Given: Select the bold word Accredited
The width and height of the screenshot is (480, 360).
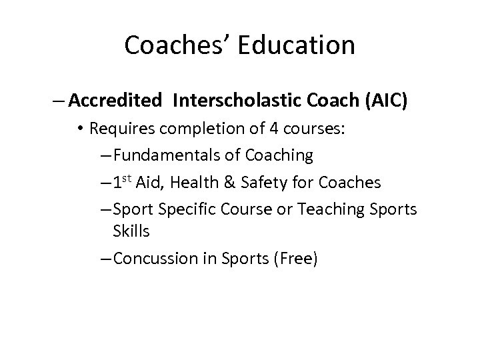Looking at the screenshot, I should tap(115, 101).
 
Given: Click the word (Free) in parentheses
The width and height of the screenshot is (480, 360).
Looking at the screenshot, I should tap(293, 259).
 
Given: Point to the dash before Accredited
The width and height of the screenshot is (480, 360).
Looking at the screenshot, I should tap(59, 101).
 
